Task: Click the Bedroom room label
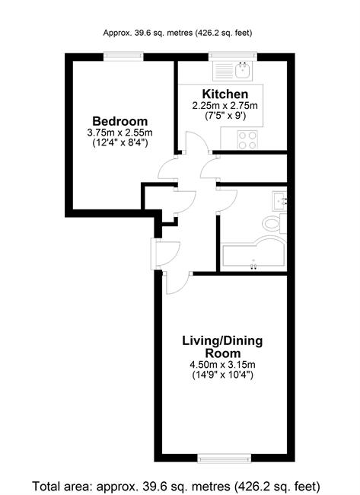pos(120,121)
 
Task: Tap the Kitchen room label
pos(225,94)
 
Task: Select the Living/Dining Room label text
pos(222,347)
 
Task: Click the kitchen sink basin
pos(243,70)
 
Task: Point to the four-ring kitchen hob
pos(247,140)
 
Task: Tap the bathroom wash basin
pos(279,202)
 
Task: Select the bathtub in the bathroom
pos(253,254)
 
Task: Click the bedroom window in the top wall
pos(123,56)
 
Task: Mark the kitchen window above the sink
pos(233,56)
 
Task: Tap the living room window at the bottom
pos(225,458)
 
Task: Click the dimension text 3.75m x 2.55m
pos(120,133)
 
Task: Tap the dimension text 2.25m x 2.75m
pos(225,105)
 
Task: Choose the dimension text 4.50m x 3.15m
pos(222,365)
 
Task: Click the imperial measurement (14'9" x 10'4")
pos(222,375)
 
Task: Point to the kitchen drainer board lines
pos(224,71)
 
